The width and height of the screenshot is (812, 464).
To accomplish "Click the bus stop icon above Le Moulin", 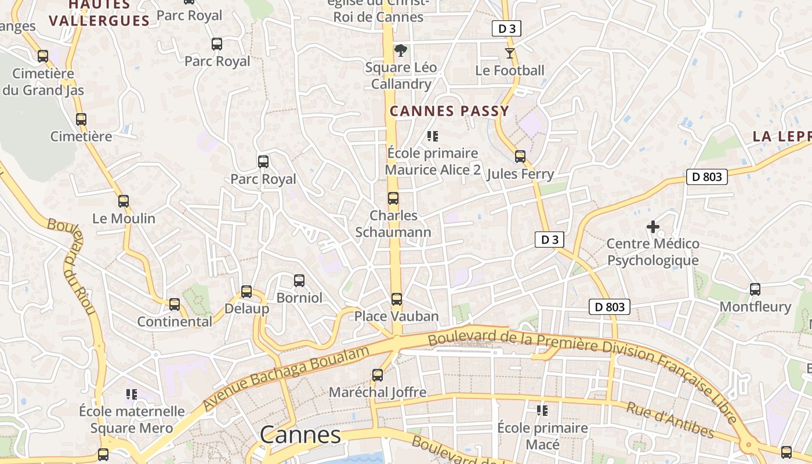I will (123, 201).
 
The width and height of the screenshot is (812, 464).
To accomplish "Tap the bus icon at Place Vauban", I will (396, 299).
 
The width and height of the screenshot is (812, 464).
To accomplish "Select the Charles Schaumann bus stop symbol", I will (393, 198).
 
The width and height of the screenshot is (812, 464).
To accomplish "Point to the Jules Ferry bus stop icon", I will (520, 157).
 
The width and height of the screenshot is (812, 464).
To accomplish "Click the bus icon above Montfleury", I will (755, 289).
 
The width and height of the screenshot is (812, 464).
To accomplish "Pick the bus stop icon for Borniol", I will (299, 281).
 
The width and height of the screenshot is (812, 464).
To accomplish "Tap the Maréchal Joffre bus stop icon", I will (378, 375).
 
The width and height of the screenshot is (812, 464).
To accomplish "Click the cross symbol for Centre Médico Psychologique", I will (653, 226).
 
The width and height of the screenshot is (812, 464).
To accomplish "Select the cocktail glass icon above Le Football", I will (510, 53).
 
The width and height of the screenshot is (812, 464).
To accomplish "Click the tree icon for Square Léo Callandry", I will (400, 50).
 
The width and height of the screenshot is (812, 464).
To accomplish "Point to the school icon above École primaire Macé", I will (542, 411).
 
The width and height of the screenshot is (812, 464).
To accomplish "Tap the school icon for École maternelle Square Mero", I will (132, 394).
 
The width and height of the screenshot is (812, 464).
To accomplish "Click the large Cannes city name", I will (300, 434).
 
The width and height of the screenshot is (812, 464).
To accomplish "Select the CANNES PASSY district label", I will (449, 111).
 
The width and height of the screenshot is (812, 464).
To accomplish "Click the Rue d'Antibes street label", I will (670, 419).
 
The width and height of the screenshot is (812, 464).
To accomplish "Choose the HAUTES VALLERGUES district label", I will (99, 13).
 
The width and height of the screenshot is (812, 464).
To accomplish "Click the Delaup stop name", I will (246, 309).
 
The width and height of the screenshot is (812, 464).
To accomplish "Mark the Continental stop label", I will (175, 321).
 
